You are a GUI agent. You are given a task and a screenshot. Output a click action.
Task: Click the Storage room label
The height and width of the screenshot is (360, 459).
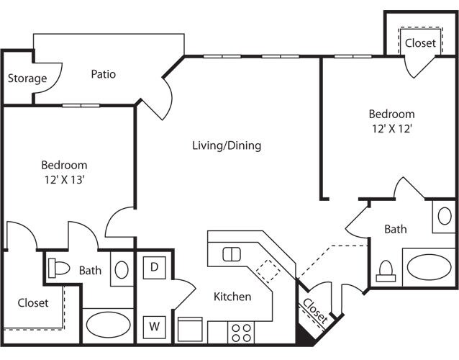(x=27, y=78)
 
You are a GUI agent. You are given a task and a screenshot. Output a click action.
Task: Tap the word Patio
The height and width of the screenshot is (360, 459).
(x=104, y=74)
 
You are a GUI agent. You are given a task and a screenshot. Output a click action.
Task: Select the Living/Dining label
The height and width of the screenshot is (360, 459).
(x=227, y=145)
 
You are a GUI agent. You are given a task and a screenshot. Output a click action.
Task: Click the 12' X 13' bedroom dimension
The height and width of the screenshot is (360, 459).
(x=65, y=180)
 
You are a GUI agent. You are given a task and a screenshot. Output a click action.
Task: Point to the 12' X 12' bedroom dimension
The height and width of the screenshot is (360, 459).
(x=392, y=129)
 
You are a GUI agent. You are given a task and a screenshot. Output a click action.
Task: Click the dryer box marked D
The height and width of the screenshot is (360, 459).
(x=154, y=267)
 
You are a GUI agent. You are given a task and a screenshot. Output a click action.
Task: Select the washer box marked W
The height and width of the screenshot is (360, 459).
(x=154, y=327)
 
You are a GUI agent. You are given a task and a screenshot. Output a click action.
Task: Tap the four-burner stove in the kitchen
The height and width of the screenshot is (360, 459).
(x=241, y=333)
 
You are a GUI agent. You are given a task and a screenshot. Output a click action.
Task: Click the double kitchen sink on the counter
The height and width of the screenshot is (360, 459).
(x=232, y=254)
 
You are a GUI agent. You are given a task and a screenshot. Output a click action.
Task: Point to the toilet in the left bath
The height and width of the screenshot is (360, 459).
(x=59, y=268)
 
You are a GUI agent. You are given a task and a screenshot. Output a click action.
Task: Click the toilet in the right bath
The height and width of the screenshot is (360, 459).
(x=386, y=271)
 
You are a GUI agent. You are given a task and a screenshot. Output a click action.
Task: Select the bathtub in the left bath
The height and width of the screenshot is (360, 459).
(x=108, y=325)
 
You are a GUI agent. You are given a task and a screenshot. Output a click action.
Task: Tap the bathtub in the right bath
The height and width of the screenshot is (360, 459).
(x=429, y=267)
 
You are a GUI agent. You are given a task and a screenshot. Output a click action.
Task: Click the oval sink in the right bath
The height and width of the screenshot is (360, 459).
(x=445, y=216)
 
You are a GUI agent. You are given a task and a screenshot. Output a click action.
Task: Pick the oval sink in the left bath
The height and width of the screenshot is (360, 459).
(x=122, y=270)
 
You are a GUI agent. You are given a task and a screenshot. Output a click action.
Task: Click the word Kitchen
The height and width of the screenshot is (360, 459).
(x=232, y=297)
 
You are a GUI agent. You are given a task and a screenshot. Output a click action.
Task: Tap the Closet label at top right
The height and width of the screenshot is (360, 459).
(x=421, y=43)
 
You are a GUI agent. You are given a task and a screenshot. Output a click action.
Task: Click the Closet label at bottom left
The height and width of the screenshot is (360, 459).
(x=33, y=303)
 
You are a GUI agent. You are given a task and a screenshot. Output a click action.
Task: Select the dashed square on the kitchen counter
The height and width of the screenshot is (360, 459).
(x=268, y=271)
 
